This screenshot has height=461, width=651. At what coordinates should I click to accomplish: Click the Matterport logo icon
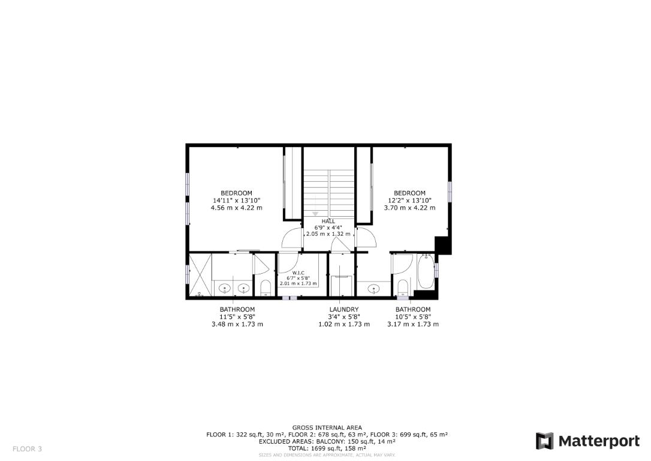click(544, 441)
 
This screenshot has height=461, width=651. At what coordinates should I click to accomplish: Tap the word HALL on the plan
click(328, 221)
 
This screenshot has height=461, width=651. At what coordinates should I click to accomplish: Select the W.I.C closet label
click(298, 272)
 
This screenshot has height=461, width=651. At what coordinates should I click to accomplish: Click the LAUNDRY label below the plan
click(343, 310)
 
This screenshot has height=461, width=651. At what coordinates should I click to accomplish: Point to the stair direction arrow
click(315, 214)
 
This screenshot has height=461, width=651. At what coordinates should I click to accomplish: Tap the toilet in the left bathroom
click(265, 287)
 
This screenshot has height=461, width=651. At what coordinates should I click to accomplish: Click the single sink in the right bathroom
click(374, 289)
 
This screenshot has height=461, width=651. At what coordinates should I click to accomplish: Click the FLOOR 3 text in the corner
click(27, 448)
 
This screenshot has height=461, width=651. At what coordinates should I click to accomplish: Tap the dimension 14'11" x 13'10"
click(236, 200)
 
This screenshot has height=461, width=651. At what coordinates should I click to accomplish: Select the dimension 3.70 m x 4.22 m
click(409, 208)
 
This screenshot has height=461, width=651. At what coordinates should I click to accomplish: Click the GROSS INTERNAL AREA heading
click(327, 427)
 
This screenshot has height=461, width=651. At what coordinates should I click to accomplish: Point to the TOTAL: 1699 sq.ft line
click(327, 448)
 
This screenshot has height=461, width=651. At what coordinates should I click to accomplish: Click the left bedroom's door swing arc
click(291, 238)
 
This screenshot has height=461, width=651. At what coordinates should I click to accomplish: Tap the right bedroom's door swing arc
click(366, 238)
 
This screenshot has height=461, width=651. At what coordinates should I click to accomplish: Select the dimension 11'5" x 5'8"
click(237, 317)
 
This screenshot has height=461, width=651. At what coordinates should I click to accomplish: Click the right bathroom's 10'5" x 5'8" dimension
click(412, 317)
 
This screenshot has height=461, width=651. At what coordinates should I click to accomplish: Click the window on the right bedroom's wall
click(450, 191)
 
